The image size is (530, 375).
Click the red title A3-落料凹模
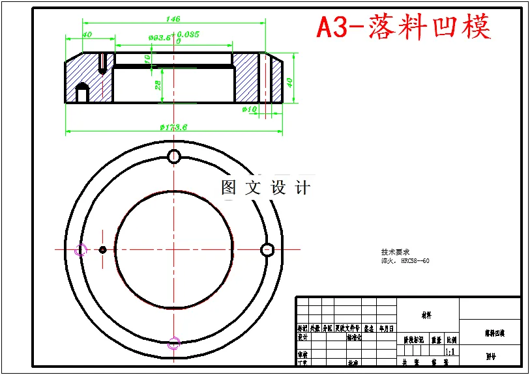pyautogui.click(x=404, y=27)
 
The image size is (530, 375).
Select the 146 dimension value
pyautogui.click(x=173, y=19)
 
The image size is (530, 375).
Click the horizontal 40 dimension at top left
pyautogui.click(x=86, y=35)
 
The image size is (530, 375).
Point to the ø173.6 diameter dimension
pyautogui.click(x=173, y=127)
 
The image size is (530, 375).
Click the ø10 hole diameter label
pyautogui.click(x=250, y=109)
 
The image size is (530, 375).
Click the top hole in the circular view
pyautogui.click(x=174, y=156)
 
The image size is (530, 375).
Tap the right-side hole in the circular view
pyautogui.click(x=267, y=249)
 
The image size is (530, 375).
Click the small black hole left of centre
pyautogui.click(x=102, y=249)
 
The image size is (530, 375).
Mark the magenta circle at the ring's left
pyautogui.click(x=81, y=249)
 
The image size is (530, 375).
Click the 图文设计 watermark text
pyautogui.click(x=265, y=187)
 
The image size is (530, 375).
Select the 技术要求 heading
pyautogui.click(x=395, y=252)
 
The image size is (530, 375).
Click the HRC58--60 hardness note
pyautogui.click(x=415, y=261)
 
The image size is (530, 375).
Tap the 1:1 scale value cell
pyautogui.click(x=450, y=351)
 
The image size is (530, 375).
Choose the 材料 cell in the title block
pyautogui.click(x=426, y=315)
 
